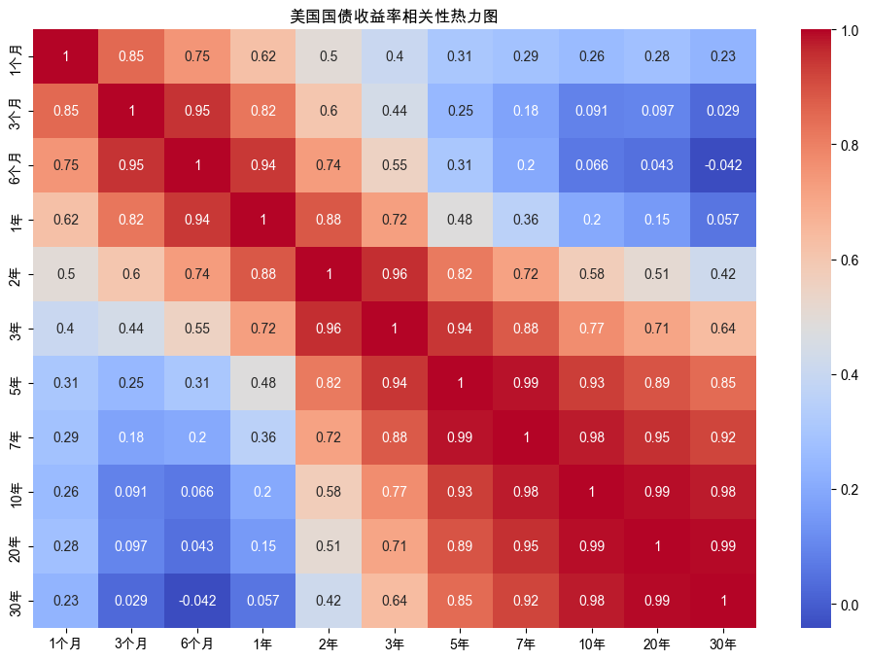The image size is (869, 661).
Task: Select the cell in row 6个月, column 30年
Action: [722, 165]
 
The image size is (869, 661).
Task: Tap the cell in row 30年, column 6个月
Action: [197, 600]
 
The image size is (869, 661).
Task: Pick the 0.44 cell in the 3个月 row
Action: [394, 111]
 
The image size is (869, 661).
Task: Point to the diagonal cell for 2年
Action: [329, 274]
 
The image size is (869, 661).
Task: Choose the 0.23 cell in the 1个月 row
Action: [722, 56]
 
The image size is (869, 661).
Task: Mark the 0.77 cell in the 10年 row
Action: [394, 491]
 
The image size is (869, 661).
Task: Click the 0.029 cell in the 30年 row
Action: [131, 600]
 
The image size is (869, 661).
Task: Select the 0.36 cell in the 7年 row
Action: [262, 436]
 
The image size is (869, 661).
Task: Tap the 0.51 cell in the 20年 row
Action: [329, 545]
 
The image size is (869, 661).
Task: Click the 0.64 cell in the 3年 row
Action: [722, 329]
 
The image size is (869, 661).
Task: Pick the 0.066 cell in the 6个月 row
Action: [591, 165]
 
